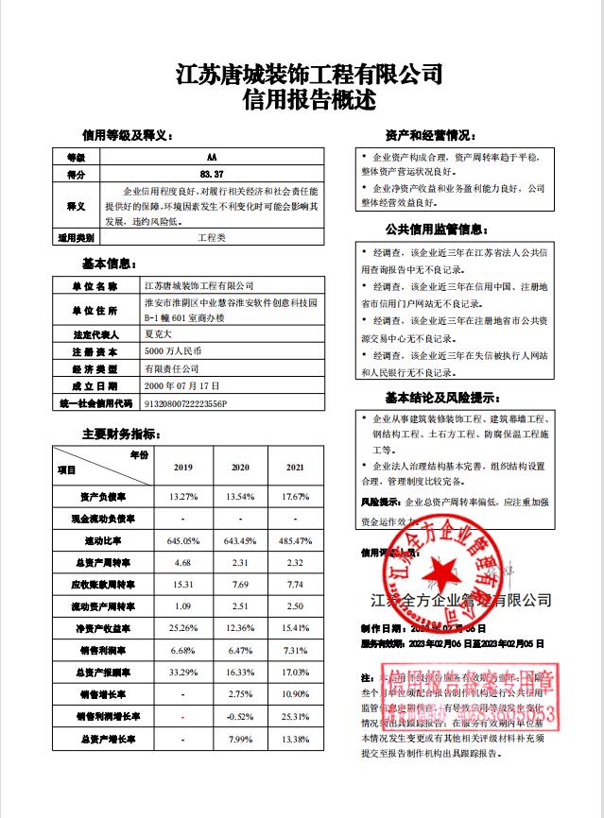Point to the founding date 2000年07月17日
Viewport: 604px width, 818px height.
click(x=181, y=385)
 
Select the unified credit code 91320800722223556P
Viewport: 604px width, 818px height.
click(x=185, y=402)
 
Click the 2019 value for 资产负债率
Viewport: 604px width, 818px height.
click(x=183, y=497)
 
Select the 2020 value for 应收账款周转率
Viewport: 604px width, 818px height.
click(x=240, y=585)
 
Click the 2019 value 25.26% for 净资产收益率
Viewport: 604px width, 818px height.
click(x=183, y=628)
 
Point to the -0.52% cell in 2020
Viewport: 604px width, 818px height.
click(x=240, y=716)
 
